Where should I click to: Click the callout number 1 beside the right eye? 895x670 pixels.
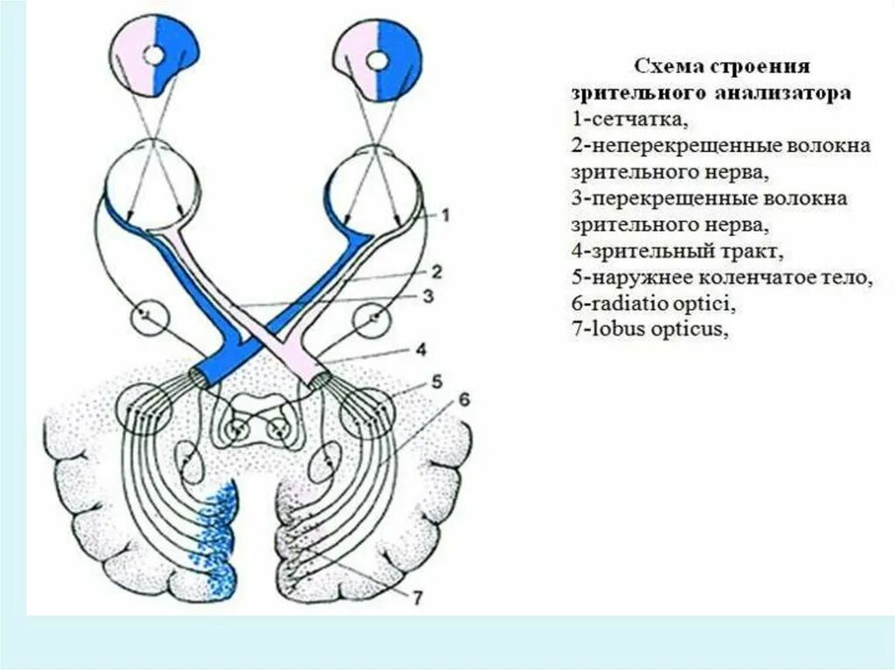coord(444,214)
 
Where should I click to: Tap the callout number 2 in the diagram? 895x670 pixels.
coord(436,271)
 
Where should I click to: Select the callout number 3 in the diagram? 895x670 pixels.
coord(427,297)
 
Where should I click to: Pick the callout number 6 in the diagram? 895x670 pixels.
coord(462,399)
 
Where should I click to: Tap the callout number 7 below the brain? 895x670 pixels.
coord(417,598)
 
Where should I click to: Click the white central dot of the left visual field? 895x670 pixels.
coord(154,56)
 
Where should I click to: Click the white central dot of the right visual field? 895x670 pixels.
coord(378,60)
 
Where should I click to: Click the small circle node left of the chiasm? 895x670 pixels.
coord(149,317)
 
